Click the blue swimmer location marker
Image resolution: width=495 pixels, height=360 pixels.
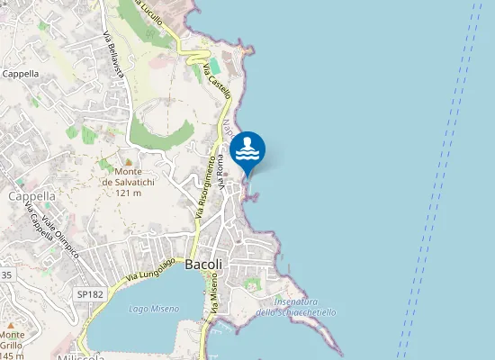[247, 149]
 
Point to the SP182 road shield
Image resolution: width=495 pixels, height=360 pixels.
[89, 294]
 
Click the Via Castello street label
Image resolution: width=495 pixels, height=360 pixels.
[218, 80]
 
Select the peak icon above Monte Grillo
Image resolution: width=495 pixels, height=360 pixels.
[10, 324]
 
